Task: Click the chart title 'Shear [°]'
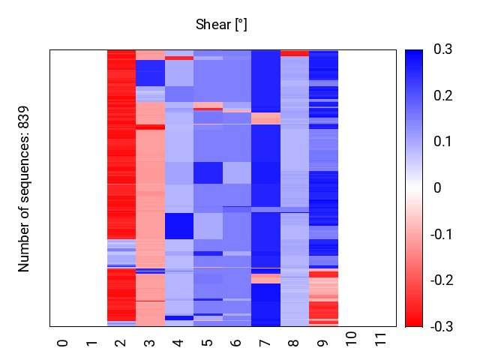click(x=221, y=25)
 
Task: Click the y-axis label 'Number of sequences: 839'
click(x=24, y=188)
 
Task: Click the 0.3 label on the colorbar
click(x=442, y=49)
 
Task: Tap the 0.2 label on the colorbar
click(x=442, y=96)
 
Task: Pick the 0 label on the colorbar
click(x=437, y=188)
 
